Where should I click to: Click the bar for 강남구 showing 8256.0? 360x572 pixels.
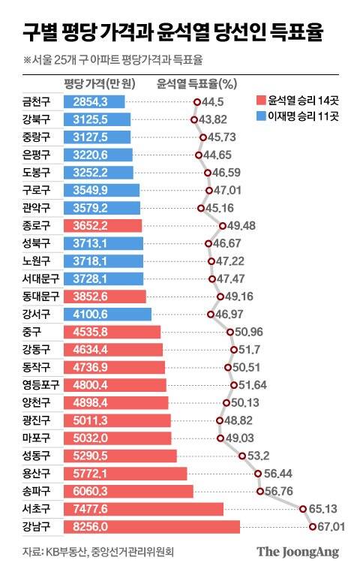pos(151,527)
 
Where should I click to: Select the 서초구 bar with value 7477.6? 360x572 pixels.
pos(143,509)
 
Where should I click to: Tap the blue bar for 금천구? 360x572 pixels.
pos(94,101)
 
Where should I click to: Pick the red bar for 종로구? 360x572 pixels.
pos(102,225)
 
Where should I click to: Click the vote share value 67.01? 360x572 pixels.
pos(330,527)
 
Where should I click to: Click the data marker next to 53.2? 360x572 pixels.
pos(242,456)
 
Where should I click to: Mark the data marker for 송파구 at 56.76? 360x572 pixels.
pos(260,492)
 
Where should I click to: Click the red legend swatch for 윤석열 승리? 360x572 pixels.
pos(260,101)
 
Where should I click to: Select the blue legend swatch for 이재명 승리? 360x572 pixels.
pos(260,116)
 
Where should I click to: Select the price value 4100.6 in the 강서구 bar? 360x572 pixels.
pos(94,314)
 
